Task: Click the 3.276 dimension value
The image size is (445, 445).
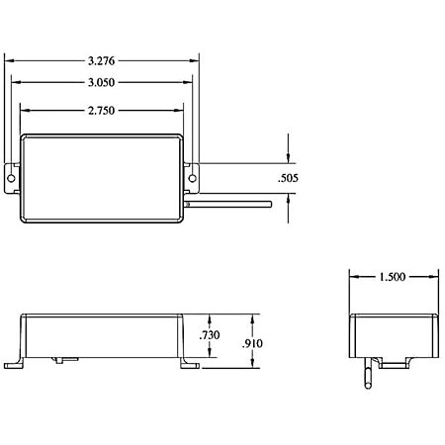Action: click(102, 61)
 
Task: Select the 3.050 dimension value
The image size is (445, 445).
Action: click(102, 82)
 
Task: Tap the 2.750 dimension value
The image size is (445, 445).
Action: click(102, 111)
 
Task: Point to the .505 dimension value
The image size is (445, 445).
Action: click(288, 178)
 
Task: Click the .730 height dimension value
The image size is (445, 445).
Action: click(210, 335)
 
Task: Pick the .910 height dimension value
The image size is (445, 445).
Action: click(252, 344)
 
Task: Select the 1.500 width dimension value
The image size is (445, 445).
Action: click(392, 277)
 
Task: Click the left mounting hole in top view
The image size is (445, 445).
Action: click(11, 178)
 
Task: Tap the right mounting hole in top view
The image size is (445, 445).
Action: click(192, 178)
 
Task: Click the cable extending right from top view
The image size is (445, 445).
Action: click(227, 205)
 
